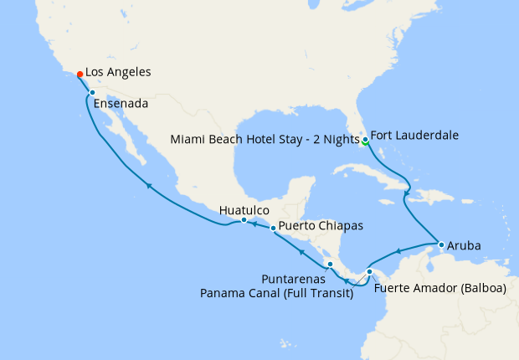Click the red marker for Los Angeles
tap(80, 74)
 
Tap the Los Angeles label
tap(118, 73)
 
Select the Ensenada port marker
tap(92, 93)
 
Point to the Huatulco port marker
tap(244, 220)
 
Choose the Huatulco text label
tap(244, 209)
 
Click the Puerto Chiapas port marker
tap(273, 228)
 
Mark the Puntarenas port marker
tap(330, 264)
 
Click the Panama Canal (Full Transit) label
tap(275, 293)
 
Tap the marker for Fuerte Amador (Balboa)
tap(370, 271)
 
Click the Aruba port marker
tap(441, 244)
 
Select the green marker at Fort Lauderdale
tap(365, 140)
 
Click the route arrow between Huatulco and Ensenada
tap(148, 186)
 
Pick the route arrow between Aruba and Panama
tap(399, 249)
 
